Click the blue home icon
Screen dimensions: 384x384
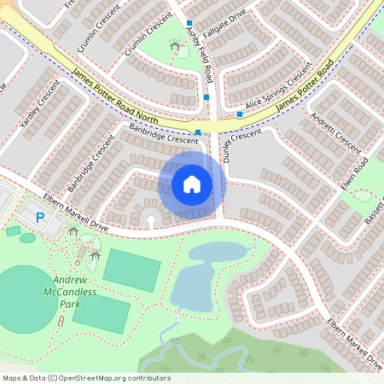[x=192, y=183]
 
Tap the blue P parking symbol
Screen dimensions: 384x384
[x=40, y=218]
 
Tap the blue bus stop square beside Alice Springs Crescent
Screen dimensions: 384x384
[x=241, y=114]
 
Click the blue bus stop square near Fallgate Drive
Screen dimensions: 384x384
[x=189, y=24]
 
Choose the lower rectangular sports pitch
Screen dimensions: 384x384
[x=107, y=313]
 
